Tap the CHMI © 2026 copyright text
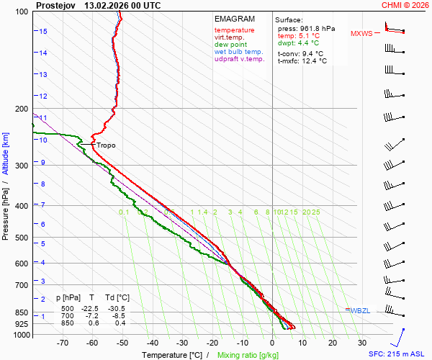(x=405, y=5)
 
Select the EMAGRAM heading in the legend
(x=233, y=19)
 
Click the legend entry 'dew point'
(x=230, y=45)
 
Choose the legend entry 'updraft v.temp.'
(x=240, y=59)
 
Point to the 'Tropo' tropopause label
(x=106, y=145)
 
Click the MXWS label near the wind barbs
(x=362, y=33)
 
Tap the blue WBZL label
(x=360, y=310)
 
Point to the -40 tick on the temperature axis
(x=152, y=343)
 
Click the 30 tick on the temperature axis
(x=362, y=343)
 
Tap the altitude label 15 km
(x=43, y=32)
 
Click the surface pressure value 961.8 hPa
(x=318, y=28)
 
